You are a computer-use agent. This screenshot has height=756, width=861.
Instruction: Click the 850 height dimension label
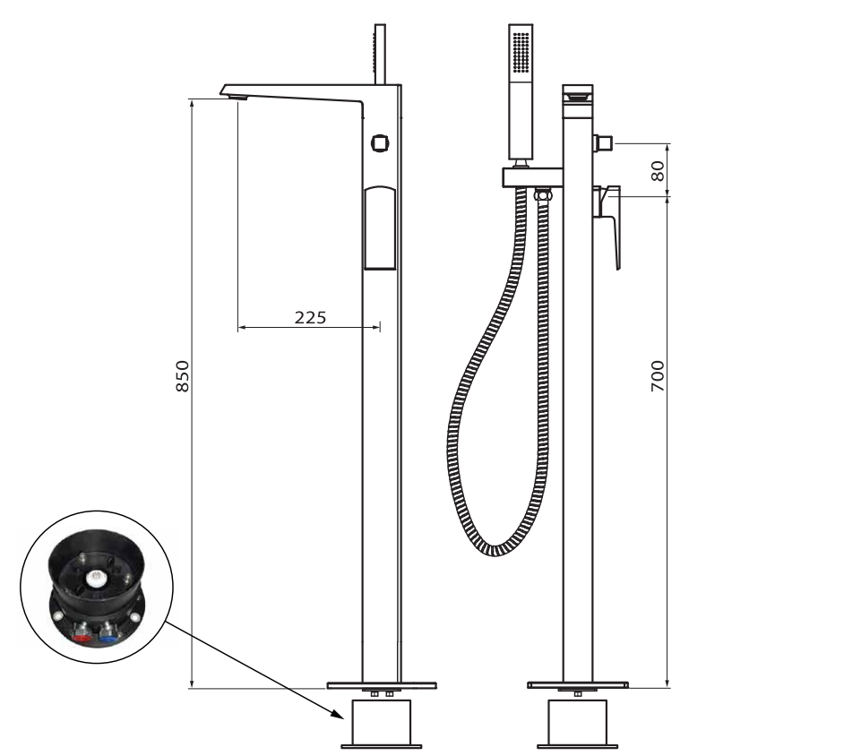pos(182,376)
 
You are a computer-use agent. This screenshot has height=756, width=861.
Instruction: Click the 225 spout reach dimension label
pos(310,317)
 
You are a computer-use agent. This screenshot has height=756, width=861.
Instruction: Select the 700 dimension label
pos(658,376)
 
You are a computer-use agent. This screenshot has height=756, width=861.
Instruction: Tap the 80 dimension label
pos(658,171)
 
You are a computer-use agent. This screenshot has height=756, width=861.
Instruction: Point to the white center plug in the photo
pos(96,578)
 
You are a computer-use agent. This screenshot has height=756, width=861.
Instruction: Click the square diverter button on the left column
pos(380,143)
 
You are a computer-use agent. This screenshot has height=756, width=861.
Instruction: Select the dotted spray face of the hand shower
pos(521,52)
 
